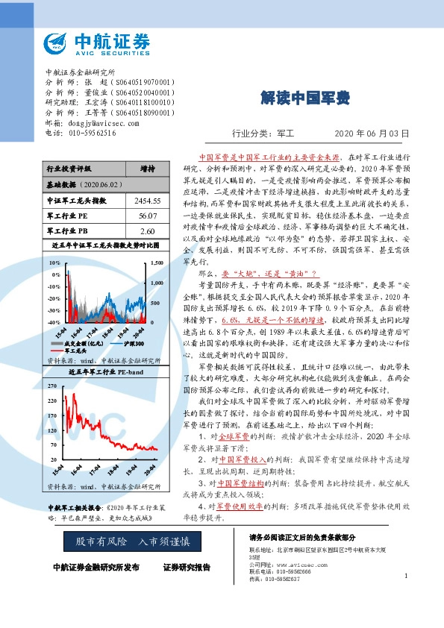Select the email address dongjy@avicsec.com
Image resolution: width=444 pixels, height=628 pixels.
tap(99, 122)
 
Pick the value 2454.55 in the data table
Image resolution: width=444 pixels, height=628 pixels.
tap(147, 201)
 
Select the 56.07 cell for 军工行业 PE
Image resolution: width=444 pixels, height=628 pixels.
tap(147, 216)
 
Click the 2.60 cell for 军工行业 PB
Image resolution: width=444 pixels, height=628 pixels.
tap(147, 231)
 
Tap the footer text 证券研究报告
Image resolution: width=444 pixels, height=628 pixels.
tap(187, 568)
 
